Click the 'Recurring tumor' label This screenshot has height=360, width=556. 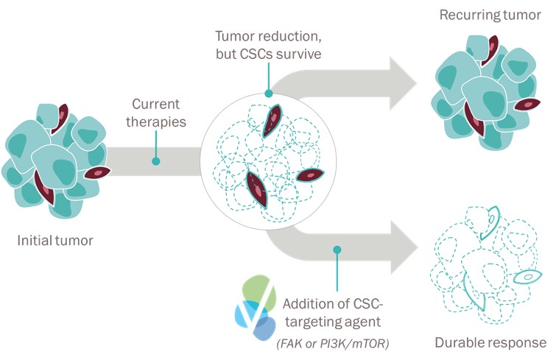[x=490, y=15]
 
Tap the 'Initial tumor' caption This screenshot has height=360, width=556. [x=55, y=240]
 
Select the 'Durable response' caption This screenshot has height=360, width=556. [x=490, y=342]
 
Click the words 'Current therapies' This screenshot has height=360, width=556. [x=155, y=113]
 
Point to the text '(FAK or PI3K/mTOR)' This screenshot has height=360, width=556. [x=333, y=343]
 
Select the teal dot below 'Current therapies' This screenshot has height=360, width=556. [x=155, y=161]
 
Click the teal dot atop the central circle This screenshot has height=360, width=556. [x=268, y=93]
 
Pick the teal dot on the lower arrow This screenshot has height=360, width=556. [x=337, y=250]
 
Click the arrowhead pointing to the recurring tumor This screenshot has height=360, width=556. [x=403, y=83]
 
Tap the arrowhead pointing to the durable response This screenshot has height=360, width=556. [x=404, y=247]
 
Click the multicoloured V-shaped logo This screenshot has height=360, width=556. [x=256, y=307]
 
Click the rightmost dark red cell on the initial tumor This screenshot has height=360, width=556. [x=97, y=172]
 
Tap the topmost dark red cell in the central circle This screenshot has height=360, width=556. [x=271, y=121]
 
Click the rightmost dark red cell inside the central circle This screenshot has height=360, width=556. [x=310, y=175]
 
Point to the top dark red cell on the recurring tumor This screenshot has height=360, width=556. [x=490, y=50]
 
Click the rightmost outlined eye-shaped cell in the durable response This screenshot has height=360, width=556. [x=528, y=277]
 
